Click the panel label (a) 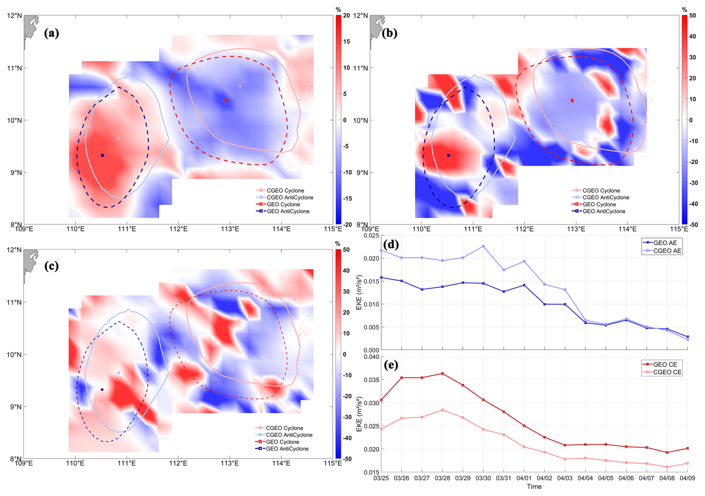click(x=51, y=33)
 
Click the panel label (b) click(x=390, y=33)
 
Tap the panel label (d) click(x=391, y=244)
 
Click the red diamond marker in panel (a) click(x=226, y=101)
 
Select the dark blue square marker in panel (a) click(x=102, y=155)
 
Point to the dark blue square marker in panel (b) click(x=449, y=155)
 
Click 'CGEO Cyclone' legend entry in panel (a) click(x=285, y=191)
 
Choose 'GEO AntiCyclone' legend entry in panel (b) click(x=604, y=211)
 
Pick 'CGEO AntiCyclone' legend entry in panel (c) click(x=289, y=435)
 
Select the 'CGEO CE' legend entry click(x=667, y=372)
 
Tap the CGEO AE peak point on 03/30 click(x=483, y=246)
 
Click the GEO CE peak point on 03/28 click(x=442, y=373)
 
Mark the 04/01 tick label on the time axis click(x=524, y=478)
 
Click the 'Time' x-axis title click(x=534, y=486)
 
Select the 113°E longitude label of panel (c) click(x=230, y=463)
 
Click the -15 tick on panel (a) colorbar click(x=347, y=199)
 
